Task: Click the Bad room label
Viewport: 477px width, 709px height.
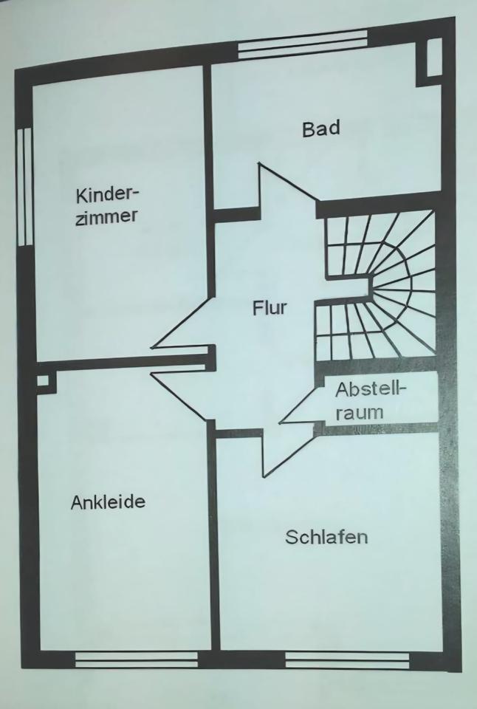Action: pos(320,129)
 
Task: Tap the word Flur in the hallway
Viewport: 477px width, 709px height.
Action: pos(269,308)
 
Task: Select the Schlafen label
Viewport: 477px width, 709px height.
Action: pos(326,537)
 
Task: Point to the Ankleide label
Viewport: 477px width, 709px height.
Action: pos(108,502)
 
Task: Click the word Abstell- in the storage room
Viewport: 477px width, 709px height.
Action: pos(371,390)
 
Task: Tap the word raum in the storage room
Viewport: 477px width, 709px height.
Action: pos(360,412)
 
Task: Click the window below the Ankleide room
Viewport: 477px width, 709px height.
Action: pos(137,659)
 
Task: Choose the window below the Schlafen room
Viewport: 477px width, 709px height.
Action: pos(347,659)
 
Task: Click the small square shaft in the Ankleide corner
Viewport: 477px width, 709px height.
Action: pos(44,381)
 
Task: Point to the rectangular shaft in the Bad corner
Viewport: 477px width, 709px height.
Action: pos(433,57)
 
